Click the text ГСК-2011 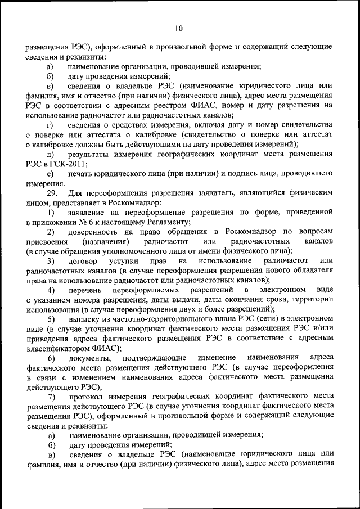click(65, 163)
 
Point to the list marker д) click(51, 154)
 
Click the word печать click(82, 173)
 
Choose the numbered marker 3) click(51, 261)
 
